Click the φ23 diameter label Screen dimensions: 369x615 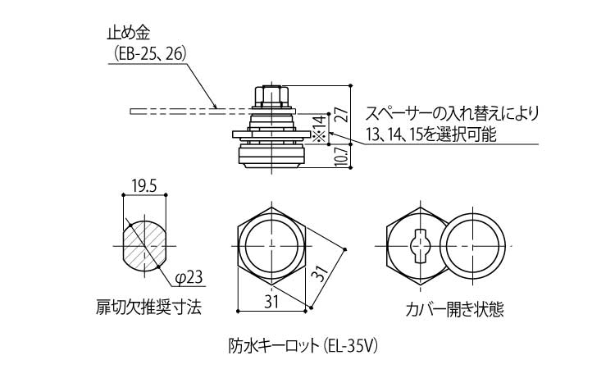[x=187, y=276]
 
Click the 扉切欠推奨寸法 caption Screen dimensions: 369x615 [x=148, y=308]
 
